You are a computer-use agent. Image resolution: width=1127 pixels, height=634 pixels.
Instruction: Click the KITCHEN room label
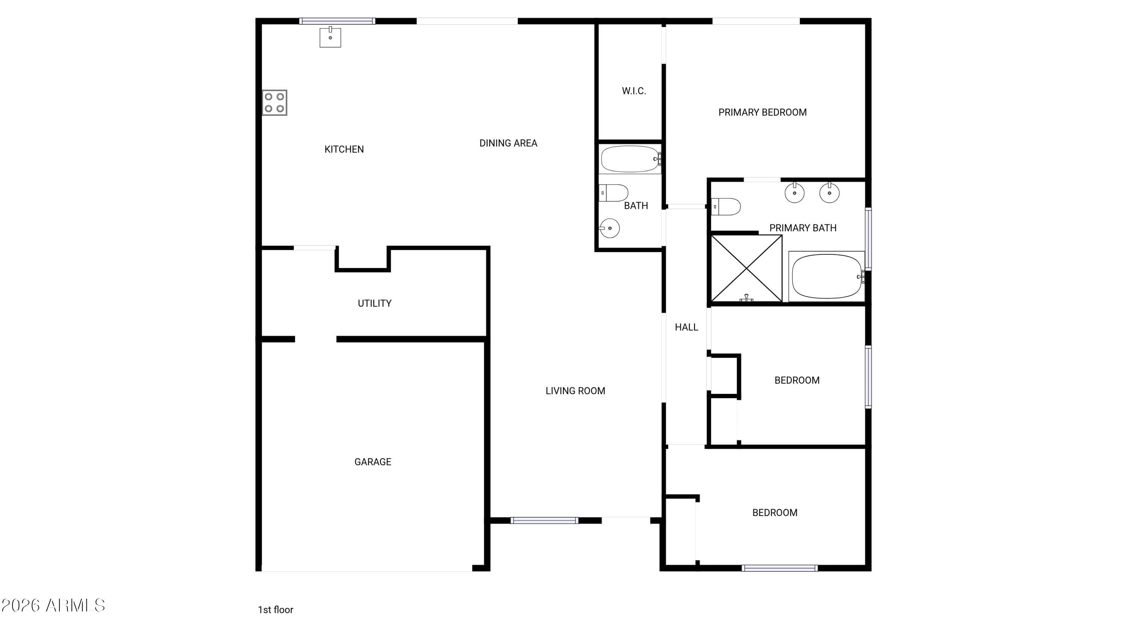coord(344,149)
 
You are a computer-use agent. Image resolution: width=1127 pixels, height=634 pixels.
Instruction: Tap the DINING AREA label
coord(508,143)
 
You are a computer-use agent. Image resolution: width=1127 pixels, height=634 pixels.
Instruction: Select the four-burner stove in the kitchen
coord(274,102)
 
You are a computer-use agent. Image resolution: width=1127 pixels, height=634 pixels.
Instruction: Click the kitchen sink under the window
coord(330,37)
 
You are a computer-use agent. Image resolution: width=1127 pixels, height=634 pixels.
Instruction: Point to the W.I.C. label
coord(634,91)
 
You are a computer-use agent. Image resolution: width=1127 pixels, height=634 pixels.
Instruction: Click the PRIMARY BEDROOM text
coord(762,112)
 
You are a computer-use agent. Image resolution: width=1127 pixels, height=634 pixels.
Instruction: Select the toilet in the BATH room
coord(613,193)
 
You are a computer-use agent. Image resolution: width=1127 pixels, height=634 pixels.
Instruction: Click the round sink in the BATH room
coord(609,228)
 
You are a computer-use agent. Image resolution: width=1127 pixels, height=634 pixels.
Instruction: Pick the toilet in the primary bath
coord(725,207)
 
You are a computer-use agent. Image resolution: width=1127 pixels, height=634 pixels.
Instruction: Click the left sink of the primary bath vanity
coord(795,192)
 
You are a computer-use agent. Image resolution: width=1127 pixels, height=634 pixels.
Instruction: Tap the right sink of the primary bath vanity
coord(829,192)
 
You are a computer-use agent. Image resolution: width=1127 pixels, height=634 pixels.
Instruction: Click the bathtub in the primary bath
coord(826,277)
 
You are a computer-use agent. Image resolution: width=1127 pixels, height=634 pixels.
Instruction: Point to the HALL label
coord(686,327)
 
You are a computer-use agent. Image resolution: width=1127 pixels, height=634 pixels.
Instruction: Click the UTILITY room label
coord(375,303)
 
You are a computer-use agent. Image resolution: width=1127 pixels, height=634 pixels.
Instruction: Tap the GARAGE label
coord(373,462)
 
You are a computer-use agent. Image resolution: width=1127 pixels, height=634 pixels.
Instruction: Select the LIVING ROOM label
coord(575,391)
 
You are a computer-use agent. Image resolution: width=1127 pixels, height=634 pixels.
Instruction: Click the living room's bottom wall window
coord(544,520)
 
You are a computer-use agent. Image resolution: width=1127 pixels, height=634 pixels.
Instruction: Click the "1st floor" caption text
coord(276,610)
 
